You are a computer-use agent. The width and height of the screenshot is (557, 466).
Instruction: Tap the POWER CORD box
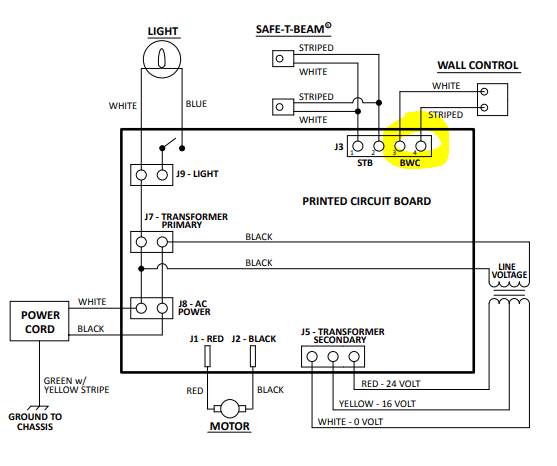[41, 320]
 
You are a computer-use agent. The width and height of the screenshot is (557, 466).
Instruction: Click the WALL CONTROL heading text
[478, 66]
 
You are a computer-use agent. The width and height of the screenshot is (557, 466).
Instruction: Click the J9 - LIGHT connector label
[197, 174]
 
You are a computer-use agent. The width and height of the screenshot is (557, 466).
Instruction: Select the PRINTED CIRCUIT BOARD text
[366, 201]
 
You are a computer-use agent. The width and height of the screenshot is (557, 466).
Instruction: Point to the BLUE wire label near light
[196, 104]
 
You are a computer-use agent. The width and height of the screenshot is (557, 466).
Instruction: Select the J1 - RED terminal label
[208, 339]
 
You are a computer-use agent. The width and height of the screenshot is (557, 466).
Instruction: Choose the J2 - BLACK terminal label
[255, 339]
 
